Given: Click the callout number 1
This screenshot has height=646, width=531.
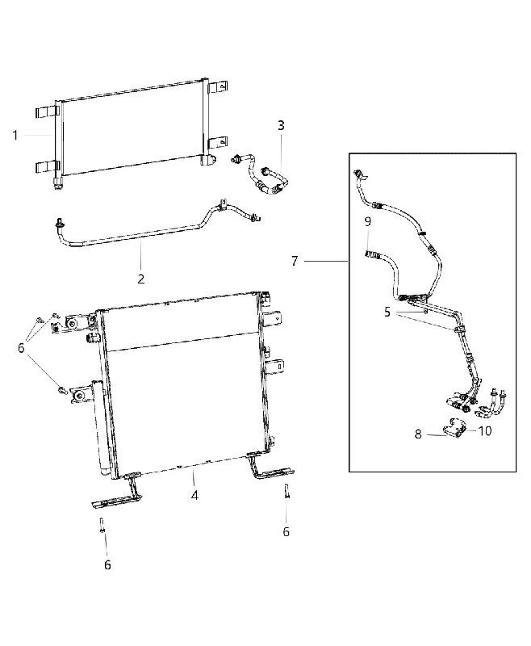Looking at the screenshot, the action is [15, 135].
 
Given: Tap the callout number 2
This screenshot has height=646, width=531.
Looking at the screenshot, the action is [140, 279].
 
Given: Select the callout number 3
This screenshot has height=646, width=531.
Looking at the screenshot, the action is [281, 125].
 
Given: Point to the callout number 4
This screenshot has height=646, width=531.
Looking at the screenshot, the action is [194, 495].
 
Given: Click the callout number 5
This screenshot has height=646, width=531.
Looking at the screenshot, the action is [387, 313].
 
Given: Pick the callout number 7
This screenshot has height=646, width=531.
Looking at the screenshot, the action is [295, 261].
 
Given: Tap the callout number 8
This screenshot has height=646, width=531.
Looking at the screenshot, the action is [418, 434].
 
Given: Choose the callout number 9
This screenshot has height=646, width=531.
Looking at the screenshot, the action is [367, 221].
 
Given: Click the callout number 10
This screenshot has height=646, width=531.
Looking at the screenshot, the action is [485, 431].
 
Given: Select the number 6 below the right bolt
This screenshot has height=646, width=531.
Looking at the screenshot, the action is [286, 532].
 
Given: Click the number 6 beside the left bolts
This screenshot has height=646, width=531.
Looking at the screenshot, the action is [21, 348].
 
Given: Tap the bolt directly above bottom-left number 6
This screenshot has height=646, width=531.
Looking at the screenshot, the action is [101, 526].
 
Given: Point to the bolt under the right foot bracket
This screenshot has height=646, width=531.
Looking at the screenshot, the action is [285, 491].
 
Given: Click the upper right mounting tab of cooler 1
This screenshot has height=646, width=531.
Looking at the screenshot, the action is [218, 87].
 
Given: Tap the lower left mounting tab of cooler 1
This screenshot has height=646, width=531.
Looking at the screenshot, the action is [48, 167].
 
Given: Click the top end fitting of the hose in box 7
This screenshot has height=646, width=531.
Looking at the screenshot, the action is [359, 174].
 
